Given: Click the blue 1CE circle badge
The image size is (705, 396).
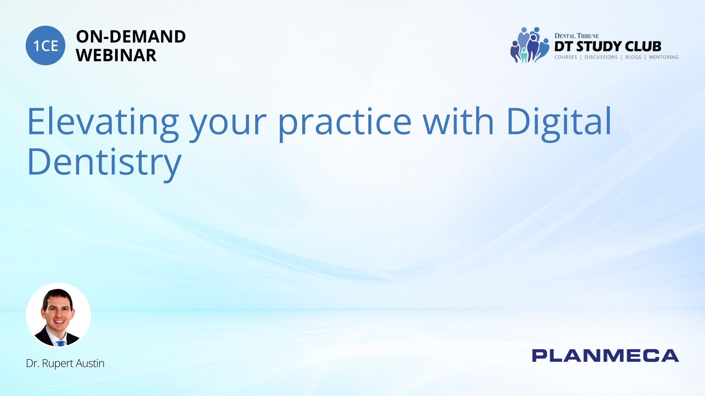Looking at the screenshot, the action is (46, 45).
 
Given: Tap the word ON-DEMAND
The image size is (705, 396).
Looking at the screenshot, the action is (131, 37).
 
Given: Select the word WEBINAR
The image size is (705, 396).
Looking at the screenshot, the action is (116, 55).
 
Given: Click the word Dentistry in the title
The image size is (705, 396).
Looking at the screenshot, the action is (104, 164).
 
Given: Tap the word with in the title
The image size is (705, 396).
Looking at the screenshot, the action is (459, 121).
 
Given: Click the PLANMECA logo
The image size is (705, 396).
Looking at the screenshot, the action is (605, 356).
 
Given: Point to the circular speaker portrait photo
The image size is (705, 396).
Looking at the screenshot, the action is (58, 315).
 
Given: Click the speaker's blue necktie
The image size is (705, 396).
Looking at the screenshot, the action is (61, 344).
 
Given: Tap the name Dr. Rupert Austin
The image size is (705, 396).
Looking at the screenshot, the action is (65, 363).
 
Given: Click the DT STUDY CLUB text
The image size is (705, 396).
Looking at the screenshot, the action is (608, 46).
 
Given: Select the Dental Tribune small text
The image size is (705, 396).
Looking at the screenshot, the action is (576, 36).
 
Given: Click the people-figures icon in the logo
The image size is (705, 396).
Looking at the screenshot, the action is (529, 45).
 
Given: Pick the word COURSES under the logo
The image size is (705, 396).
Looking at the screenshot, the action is (566, 57).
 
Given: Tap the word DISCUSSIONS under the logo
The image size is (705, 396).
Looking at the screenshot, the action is (601, 57).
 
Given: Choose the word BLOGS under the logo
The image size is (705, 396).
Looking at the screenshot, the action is (633, 57).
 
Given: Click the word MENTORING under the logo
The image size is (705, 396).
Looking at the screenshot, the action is (664, 57).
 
